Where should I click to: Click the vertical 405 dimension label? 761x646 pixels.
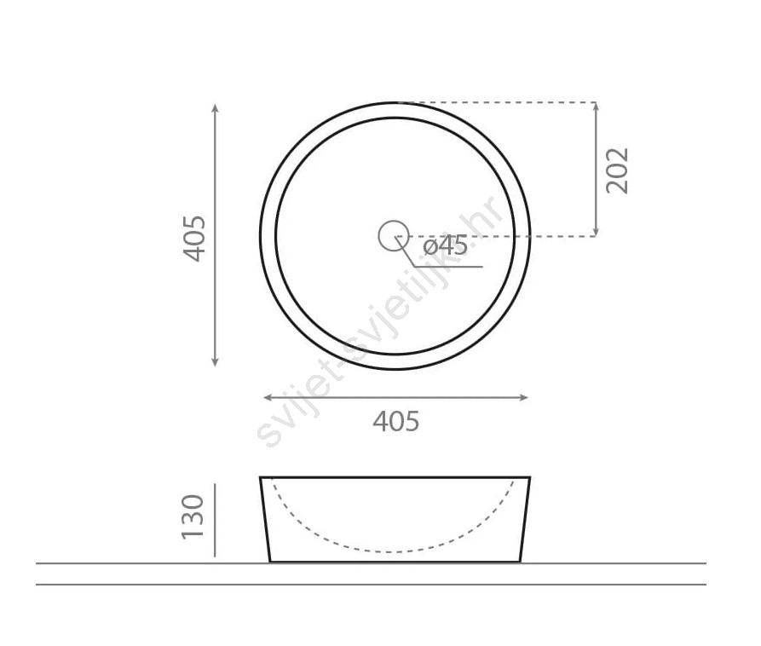click(x=194, y=239)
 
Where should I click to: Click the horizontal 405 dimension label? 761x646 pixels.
click(x=396, y=421)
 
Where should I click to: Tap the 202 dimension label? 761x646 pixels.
click(x=617, y=170)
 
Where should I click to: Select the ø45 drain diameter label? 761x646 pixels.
click(x=445, y=245)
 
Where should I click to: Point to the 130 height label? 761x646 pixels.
click(x=193, y=517)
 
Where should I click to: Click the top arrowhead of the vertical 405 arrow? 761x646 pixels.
click(x=216, y=107)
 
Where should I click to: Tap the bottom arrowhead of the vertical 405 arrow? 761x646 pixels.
click(x=216, y=361)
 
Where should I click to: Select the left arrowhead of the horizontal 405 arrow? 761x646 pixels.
click(x=268, y=397)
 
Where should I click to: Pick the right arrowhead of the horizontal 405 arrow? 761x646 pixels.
click(x=524, y=397)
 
